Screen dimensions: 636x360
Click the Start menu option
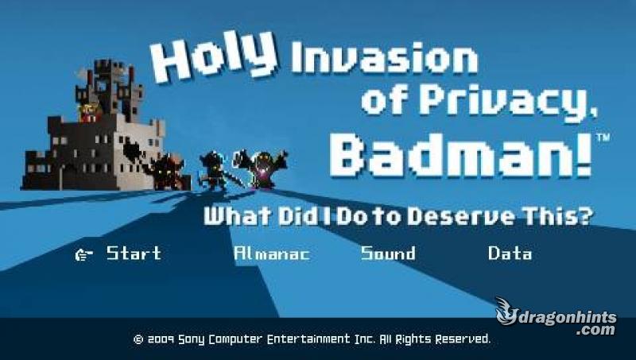pyautogui.click(x=134, y=254)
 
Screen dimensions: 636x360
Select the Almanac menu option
pyautogui.click(x=272, y=254)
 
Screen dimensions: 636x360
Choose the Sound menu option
pyautogui.click(x=388, y=254)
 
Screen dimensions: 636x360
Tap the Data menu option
pyautogui.click(x=510, y=254)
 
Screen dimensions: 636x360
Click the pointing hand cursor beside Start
pyautogui.click(x=83, y=254)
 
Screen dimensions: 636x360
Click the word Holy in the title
pyautogui.click(x=214, y=56)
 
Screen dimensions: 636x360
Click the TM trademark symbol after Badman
pyautogui.click(x=603, y=137)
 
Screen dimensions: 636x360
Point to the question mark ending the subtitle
pyautogui.click(x=585, y=215)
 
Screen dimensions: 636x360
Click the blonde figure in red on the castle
pyautogui.click(x=89, y=112)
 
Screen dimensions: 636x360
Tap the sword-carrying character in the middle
pyautogui.click(x=215, y=171)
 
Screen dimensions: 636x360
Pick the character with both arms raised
pyautogui.click(x=262, y=168)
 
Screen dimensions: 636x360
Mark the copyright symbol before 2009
pyautogui.click(x=138, y=339)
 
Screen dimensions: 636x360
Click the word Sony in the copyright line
pyautogui.click(x=192, y=339)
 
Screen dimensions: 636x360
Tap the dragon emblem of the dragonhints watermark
pyautogui.click(x=507, y=312)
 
